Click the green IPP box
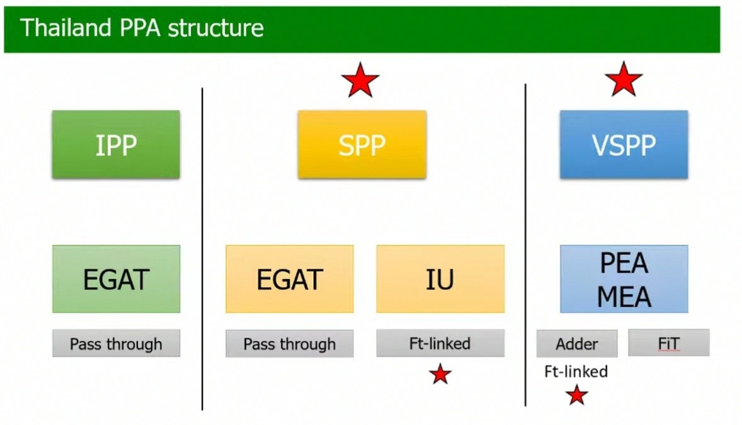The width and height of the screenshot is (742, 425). click(x=116, y=144)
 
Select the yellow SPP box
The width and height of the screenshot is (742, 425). click(x=362, y=144)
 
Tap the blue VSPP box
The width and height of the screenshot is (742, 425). click(x=624, y=144)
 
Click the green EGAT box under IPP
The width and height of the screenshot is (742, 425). click(x=116, y=279)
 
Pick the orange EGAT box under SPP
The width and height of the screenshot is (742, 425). click(x=289, y=279)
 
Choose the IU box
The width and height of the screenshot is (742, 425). click(x=440, y=279)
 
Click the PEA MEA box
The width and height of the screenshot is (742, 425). click(x=624, y=279)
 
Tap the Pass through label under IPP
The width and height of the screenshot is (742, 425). click(x=116, y=344)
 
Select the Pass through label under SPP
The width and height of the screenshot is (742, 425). click(x=289, y=344)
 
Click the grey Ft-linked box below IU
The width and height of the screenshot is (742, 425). click(x=440, y=343)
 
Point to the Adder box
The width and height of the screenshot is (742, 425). click(x=576, y=344)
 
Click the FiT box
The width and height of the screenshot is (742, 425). click(x=668, y=344)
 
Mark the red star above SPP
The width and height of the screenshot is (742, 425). click(x=360, y=81)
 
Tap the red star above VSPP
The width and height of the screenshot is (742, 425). click(x=624, y=80)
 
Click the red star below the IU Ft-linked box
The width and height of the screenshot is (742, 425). click(x=440, y=374)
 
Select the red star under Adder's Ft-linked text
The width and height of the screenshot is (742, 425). click(x=576, y=395)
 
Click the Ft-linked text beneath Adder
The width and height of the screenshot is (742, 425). click(x=576, y=371)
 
